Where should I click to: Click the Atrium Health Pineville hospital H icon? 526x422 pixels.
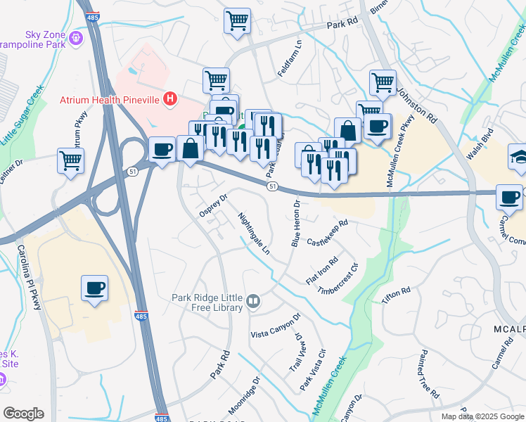tap(169, 100)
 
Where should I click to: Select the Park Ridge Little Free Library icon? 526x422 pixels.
tap(253, 302)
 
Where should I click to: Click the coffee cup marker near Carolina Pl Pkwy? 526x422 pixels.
tap(94, 288)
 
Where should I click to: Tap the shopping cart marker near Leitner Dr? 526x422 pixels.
tap(70, 161)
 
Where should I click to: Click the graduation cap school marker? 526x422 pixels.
tap(518, 156)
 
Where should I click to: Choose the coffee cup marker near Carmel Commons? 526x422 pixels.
tap(508, 197)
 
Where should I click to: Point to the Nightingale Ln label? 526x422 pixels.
tap(254, 233)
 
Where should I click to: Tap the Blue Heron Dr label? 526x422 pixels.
tap(295, 224)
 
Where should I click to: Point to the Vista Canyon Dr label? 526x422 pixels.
tap(276, 326)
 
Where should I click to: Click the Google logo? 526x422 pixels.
tap(23, 413)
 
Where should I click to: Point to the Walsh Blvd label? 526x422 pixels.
tap(482, 148)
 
